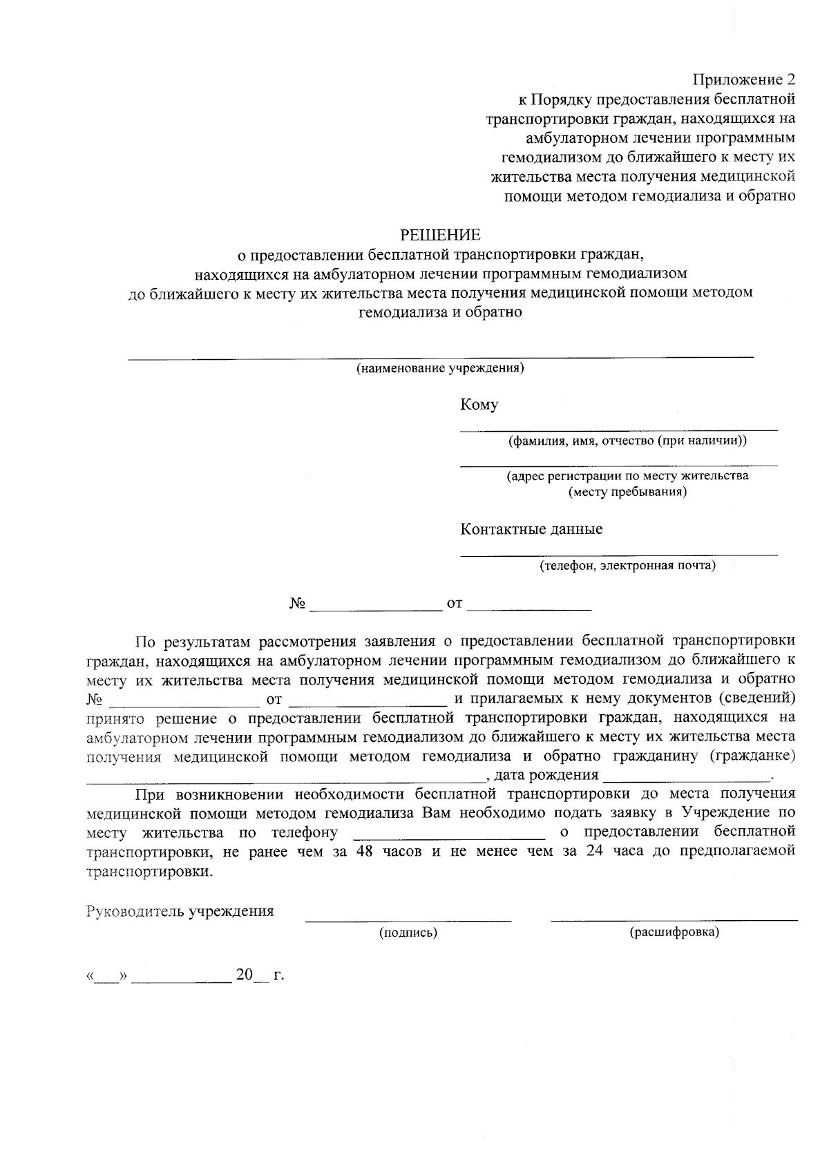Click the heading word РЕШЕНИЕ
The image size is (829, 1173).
[x=440, y=233]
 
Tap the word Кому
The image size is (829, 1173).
[x=479, y=405]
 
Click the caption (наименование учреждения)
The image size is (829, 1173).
[x=440, y=368]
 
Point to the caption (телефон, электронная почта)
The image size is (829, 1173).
[x=627, y=566]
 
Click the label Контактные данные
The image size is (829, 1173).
[x=531, y=529]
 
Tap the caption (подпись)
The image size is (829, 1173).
[x=408, y=933]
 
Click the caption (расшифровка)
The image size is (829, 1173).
[x=674, y=933]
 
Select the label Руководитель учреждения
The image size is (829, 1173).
[x=180, y=911]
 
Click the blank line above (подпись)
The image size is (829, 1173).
[x=408, y=919]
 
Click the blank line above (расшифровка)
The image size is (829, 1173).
[x=674, y=919]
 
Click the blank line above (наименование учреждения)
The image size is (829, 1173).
[x=440, y=356]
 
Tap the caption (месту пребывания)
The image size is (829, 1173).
[x=627, y=493]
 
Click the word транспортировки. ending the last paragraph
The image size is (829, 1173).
[x=149, y=872]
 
